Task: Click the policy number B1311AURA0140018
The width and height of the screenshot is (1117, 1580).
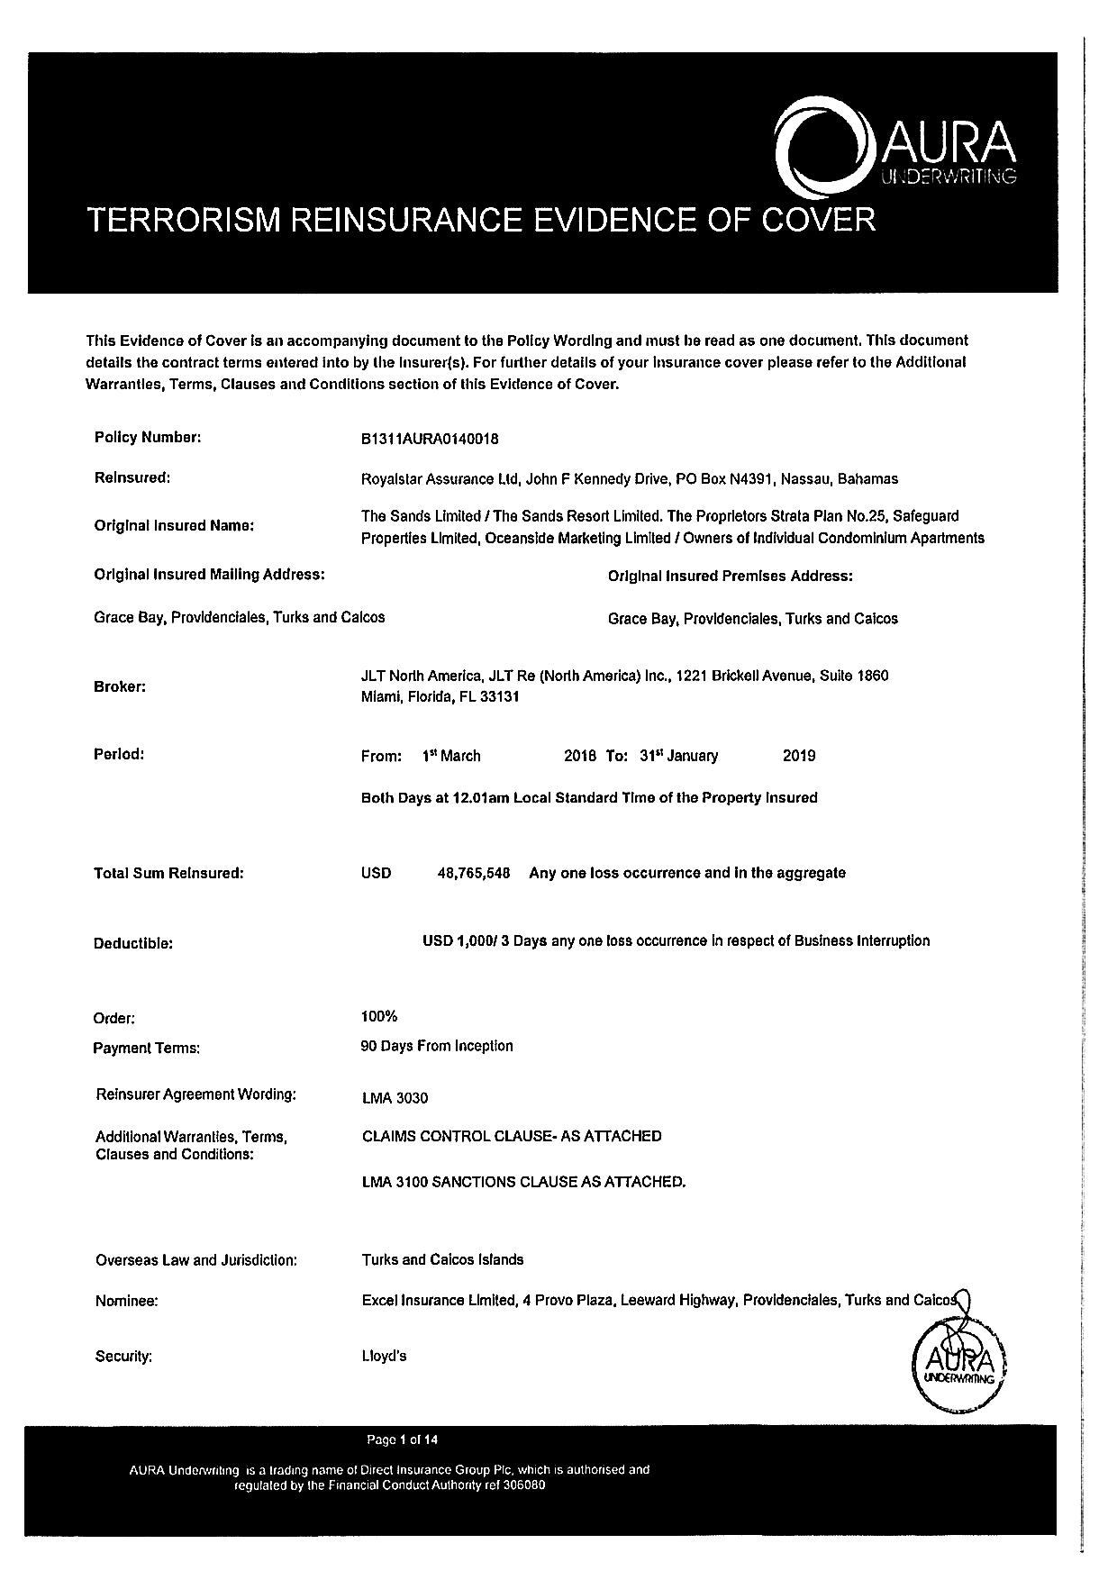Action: tap(430, 440)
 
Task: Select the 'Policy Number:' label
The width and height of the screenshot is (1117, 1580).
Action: tap(148, 438)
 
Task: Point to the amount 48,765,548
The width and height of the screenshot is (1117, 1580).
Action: tap(474, 873)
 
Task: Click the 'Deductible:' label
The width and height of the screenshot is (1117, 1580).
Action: tap(132, 944)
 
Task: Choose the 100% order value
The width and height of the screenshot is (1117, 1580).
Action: tap(378, 1016)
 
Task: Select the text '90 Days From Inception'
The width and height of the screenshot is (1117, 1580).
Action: tap(436, 1046)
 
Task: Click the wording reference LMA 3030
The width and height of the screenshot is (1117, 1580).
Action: tap(395, 1098)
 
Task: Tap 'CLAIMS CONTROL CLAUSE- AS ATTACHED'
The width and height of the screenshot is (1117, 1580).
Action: tap(512, 1136)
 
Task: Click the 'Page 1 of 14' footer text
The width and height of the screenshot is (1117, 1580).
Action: tap(403, 1439)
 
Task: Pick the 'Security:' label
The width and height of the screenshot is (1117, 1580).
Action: tap(123, 1357)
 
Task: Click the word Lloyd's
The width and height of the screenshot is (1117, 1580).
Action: tap(384, 1356)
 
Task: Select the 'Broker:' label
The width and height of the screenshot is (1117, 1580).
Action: tap(120, 686)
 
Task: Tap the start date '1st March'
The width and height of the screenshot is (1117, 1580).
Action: tap(451, 756)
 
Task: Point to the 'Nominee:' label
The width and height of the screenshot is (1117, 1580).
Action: tap(127, 1301)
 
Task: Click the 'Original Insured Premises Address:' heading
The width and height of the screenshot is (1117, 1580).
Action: tap(730, 576)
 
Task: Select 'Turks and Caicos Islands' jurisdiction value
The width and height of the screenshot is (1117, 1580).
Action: tap(442, 1259)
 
